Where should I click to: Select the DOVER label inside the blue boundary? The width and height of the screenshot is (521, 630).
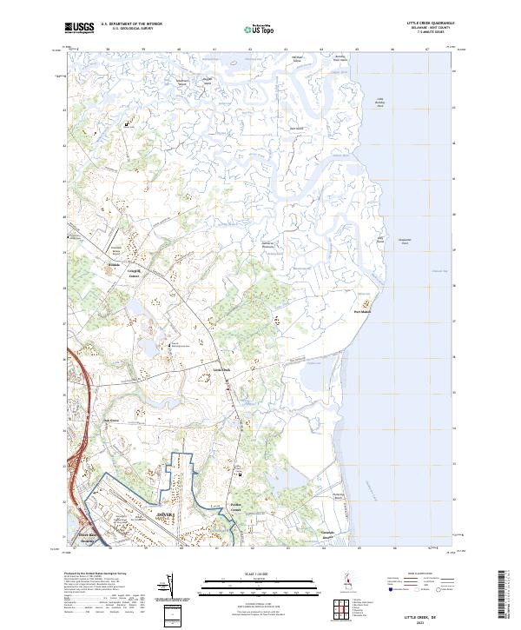click(x=165, y=514)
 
